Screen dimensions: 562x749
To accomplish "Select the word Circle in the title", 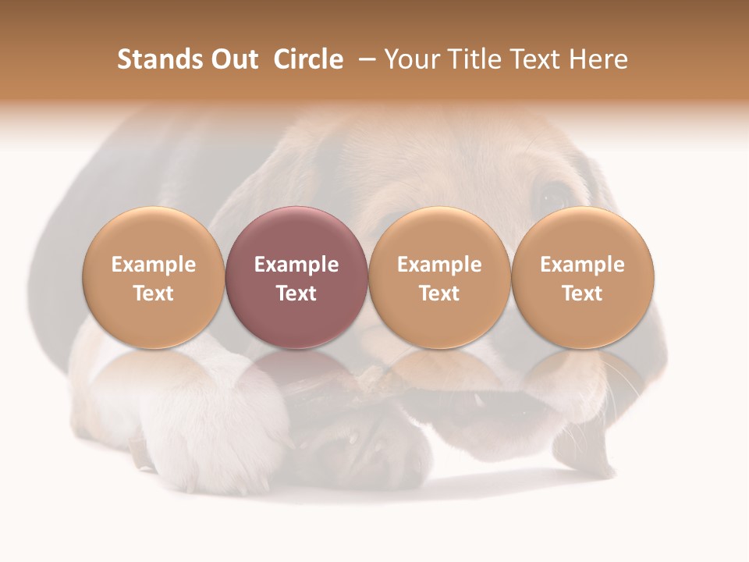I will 308,59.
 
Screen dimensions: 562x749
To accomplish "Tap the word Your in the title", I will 410,59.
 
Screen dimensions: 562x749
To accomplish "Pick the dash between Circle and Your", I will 365,59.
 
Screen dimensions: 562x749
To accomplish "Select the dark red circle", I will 296,277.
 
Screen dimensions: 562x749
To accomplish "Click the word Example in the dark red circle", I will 296,265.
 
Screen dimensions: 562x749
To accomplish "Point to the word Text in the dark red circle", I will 296,293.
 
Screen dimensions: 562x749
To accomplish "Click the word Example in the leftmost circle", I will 153,265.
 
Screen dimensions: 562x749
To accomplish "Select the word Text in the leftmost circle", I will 153,293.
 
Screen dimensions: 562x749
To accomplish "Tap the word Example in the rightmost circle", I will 583,265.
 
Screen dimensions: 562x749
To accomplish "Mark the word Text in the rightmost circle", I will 583,293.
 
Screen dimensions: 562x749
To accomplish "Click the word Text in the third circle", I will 439,293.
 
